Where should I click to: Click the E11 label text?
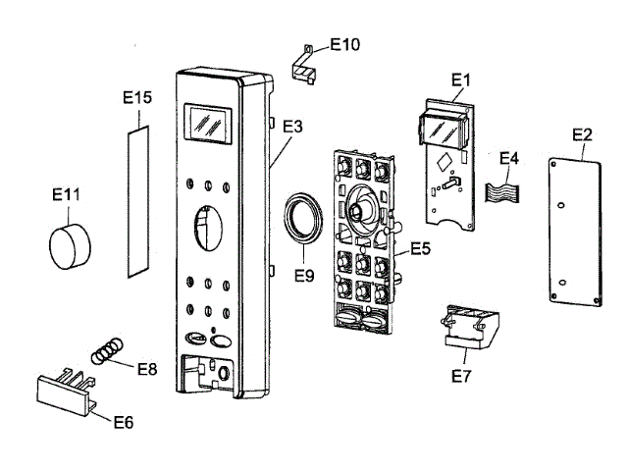[x=66, y=195]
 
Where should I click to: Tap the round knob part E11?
[x=70, y=246]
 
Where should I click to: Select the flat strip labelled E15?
[x=138, y=201]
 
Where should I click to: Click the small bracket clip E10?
[x=303, y=66]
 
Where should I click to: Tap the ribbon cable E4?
[x=502, y=192]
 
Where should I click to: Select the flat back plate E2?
[x=574, y=233]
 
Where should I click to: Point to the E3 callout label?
[x=292, y=127]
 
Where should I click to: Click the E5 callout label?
[x=421, y=248]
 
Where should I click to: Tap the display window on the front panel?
[x=208, y=124]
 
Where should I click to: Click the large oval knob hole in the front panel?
[x=208, y=228]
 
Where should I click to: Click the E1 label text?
[x=460, y=80]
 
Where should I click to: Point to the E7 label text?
[x=461, y=376]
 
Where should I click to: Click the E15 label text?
[x=137, y=97]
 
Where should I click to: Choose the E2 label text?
[x=582, y=134]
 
